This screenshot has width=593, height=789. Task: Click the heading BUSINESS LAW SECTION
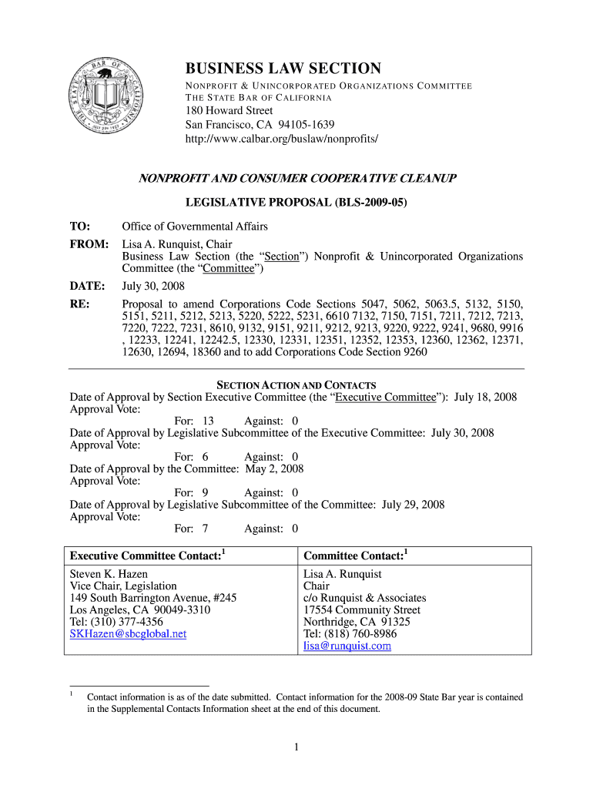pyautogui.click(x=283, y=69)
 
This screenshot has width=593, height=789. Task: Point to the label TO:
pyautogui.click(x=80, y=227)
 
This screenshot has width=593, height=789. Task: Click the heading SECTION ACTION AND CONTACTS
pyautogui.click(x=296, y=384)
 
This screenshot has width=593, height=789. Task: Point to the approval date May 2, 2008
pyautogui.click(x=274, y=468)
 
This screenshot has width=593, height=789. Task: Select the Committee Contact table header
pyautogui.click(x=356, y=556)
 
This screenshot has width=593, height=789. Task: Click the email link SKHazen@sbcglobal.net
pyautogui.click(x=128, y=634)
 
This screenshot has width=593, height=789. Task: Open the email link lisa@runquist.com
pyautogui.click(x=347, y=646)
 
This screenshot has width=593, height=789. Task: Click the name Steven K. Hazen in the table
pyautogui.click(x=109, y=574)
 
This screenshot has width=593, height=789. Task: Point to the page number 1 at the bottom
pyautogui.click(x=296, y=747)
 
